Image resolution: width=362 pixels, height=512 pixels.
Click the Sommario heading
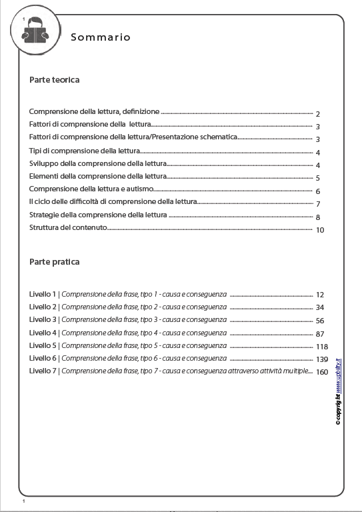click(x=101, y=37)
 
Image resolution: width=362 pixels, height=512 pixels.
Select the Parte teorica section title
click(x=55, y=79)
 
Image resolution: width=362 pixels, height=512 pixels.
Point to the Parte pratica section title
click(x=55, y=261)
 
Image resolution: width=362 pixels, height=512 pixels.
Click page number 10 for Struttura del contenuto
click(x=319, y=230)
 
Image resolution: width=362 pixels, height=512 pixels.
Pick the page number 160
click(x=322, y=372)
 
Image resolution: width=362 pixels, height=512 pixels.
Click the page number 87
click(x=319, y=333)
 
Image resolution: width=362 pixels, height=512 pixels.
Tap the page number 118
click(x=322, y=347)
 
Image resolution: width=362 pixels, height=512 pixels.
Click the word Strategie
click(x=45, y=216)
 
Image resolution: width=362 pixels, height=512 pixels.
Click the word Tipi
click(x=35, y=151)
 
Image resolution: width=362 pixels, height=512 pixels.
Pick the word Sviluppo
click(x=44, y=164)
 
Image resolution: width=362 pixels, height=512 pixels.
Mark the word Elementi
click(x=45, y=177)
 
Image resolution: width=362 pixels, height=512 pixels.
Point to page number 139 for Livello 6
click(x=322, y=359)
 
